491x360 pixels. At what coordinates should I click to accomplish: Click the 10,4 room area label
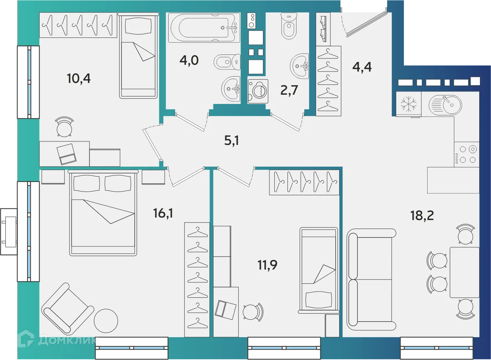[x=79, y=78]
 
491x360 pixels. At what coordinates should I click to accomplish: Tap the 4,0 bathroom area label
[x=189, y=61]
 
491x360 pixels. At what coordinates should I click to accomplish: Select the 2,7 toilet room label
[x=289, y=90]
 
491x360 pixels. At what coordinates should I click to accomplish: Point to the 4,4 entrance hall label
[x=362, y=67]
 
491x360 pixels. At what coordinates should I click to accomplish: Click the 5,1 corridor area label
[x=232, y=141]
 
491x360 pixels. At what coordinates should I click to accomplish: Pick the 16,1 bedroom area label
[x=163, y=213]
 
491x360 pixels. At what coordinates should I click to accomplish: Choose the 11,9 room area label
[x=267, y=265]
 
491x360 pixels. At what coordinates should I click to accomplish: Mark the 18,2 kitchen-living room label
[x=422, y=215]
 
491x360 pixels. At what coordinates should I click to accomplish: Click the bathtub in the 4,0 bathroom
[x=204, y=28]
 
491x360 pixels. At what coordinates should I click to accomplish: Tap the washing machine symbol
[x=258, y=91]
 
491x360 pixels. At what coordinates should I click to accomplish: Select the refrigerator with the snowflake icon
[x=408, y=104]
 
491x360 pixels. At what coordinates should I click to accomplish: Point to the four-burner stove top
[x=467, y=154]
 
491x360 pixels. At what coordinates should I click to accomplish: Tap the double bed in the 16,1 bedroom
[x=103, y=213]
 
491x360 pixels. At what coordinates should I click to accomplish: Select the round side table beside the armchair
[x=106, y=320]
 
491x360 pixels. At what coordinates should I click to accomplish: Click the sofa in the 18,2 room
[x=371, y=279]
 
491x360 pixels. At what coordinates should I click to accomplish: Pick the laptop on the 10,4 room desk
[x=67, y=154]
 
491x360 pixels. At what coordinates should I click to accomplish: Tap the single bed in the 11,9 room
[x=319, y=270]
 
